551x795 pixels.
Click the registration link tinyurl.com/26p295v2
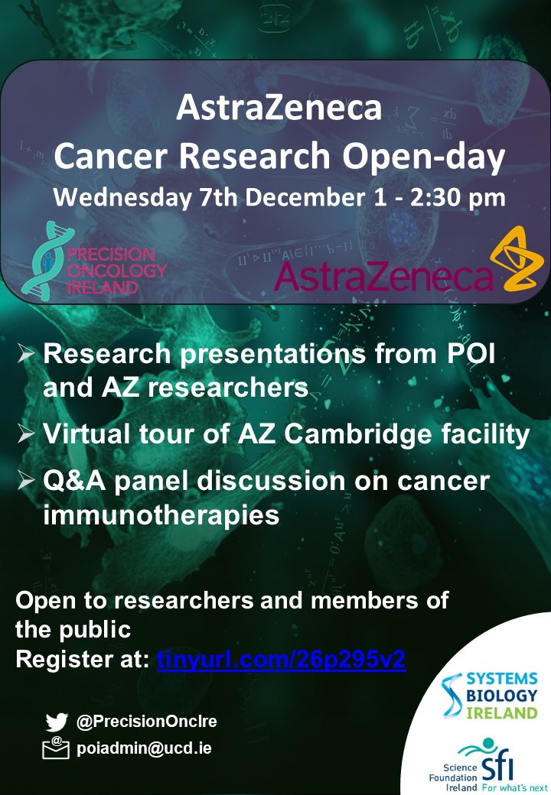[x=281, y=660]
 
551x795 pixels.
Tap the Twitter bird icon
[x=57, y=722]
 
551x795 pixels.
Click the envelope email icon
[x=56, y=748]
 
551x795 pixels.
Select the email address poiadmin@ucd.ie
[x=144, y=749]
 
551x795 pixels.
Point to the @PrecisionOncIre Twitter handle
[x=147, y=721]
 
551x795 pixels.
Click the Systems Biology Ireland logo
[x=490, y=696]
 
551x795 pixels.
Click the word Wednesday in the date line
[x=122, y=198]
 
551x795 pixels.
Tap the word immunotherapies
[x=161, y=514]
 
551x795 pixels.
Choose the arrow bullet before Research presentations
[x=26, y=353]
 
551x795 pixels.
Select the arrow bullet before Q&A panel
[x=26, y=480]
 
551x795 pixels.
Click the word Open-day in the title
[x=424, y=157]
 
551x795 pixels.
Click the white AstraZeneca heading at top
[x=279, y=108]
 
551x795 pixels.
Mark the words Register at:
[x=82, y=659]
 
